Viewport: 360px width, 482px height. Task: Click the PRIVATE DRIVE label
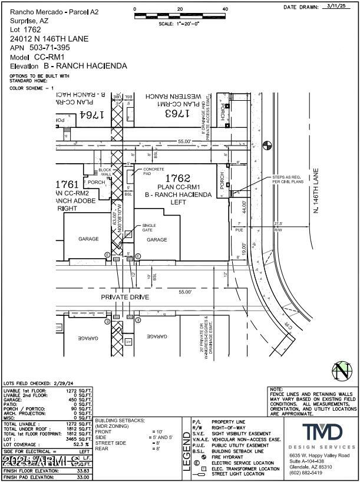pos(123,297)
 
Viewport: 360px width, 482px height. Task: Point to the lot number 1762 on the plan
pos(178,177)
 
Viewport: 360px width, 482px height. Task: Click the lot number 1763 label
pos(178,113)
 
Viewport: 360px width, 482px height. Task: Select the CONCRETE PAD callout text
pos(153,171)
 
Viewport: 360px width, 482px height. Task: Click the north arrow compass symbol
pos(341,371)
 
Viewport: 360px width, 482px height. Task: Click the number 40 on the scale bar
pos(225,9)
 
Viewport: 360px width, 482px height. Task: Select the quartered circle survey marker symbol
pos(267,143)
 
